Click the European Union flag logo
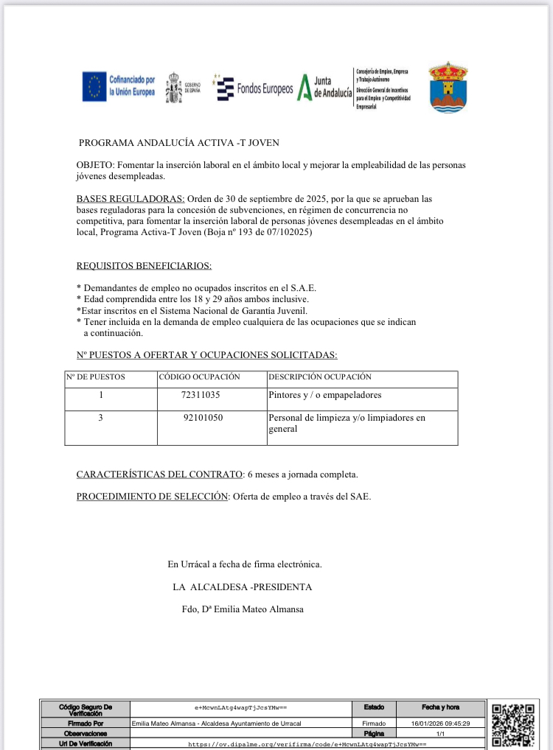pos(94,88)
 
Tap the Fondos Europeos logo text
pos(265,89)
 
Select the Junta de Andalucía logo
pos(324,87)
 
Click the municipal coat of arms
pos(448,87)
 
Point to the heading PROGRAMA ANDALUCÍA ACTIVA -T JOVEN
pos(179,143)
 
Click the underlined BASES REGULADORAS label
pos(131,199)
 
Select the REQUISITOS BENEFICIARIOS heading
pos(144,266)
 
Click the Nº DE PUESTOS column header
pos(96,377)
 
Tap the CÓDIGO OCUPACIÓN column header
pos(200,377)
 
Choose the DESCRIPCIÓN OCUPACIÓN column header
pos(320,377)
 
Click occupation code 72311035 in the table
pos(201,396)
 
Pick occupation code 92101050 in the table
pos(203,418)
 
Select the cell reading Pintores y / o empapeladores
pos(325,396)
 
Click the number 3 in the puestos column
pos(100,418)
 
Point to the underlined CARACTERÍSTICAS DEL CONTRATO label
pos(160,474)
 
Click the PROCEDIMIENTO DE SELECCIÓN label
pos(153,497)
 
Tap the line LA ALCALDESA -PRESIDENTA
pos(243,587)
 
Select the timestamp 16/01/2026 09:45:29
pos(440,723)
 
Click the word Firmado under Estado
pos(374,723)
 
